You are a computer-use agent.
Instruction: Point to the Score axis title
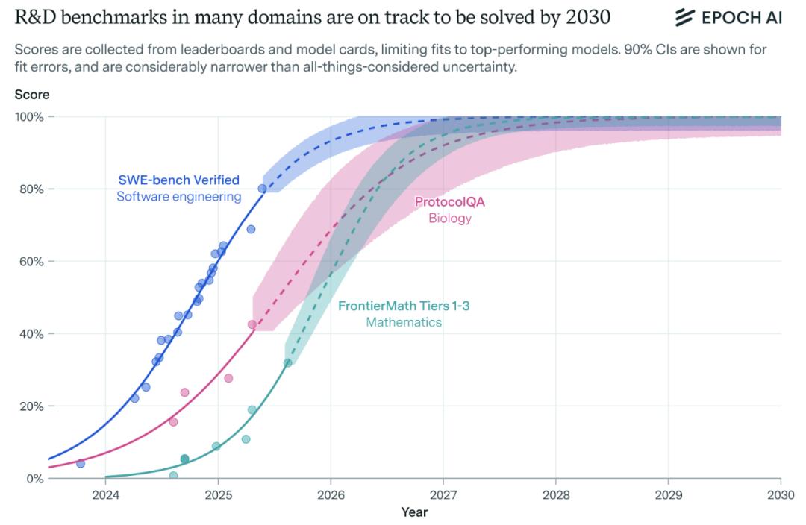[x=31, y=95]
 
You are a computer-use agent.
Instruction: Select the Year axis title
[x=414, y=512]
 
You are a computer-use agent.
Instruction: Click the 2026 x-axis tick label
[x=331, y=493]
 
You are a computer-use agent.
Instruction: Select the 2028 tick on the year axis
[x=555, y=493]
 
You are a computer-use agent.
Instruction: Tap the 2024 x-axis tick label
[x=105, y=493]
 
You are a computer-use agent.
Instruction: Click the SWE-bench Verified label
[x=179, y=180]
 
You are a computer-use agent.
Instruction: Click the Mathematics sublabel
[x=404, y=323]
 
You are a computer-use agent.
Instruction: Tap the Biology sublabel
[x=450, y=219]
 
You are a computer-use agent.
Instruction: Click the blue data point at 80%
[x=262, y=189]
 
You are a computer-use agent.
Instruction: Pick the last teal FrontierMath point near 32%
[x=287, y=362]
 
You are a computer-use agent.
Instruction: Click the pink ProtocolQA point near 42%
[x=252, y=324]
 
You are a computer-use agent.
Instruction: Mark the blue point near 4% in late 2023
[x=81, y=463]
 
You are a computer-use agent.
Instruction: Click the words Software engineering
[x=179, y=197]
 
